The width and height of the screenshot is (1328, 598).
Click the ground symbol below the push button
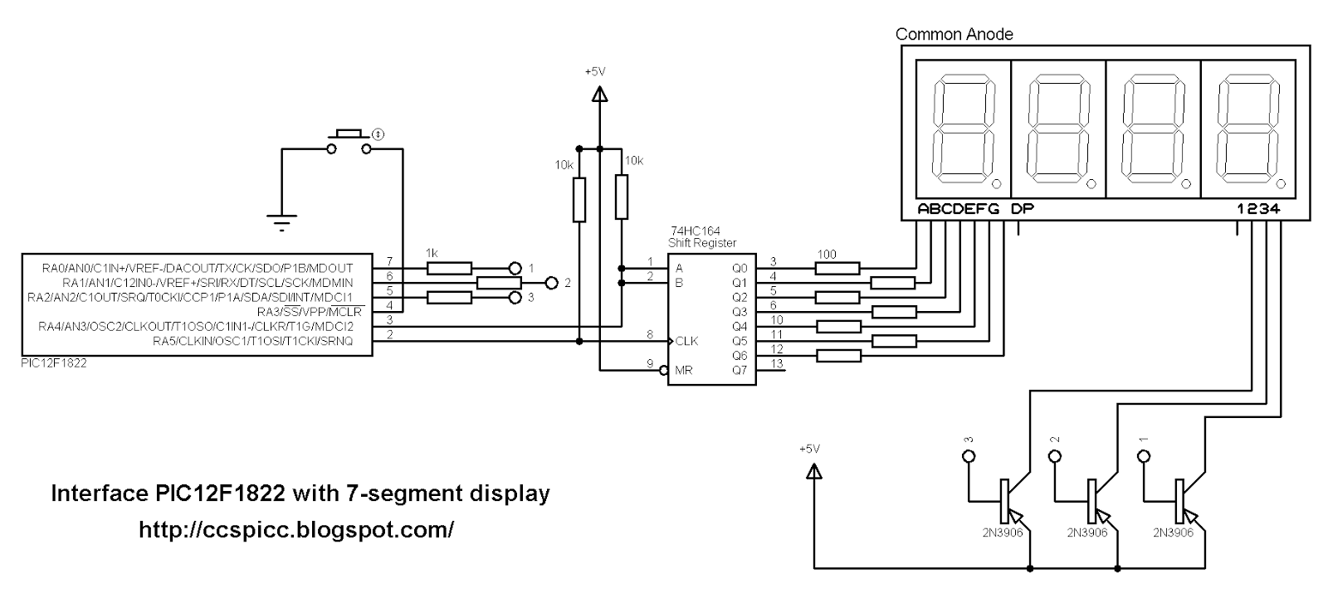[281, 221]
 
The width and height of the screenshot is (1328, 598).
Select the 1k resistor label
[432, 252]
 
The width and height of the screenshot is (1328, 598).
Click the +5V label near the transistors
[809, 449]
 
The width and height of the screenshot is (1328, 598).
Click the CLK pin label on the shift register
[686, 341]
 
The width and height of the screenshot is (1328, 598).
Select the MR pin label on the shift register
[684, 370]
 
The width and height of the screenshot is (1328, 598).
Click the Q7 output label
[739, 370]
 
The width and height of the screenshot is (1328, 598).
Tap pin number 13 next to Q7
[777, 363]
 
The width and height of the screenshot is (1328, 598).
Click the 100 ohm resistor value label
[827, 255]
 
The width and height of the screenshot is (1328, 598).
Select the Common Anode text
[954, 34]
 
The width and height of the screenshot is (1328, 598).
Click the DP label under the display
[1023, 209]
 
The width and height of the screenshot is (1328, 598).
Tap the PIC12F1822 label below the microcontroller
[54, 363]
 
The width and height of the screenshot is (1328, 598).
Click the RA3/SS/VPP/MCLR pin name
[310, 312]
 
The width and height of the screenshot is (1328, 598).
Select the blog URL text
[296, 529]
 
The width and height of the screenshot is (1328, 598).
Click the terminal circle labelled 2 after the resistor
[552, 283]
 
